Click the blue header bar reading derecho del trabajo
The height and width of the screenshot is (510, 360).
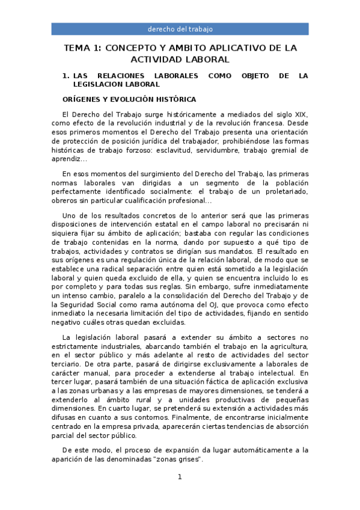[180, 29]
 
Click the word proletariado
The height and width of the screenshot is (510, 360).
[284, 192]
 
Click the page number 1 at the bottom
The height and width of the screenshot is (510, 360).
[179, 477]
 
